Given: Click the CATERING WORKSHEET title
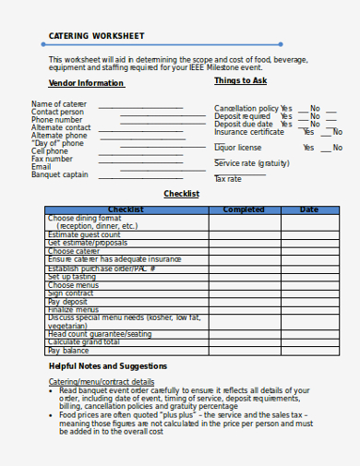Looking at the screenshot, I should coord(97,36).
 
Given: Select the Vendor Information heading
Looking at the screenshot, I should coord(86,83).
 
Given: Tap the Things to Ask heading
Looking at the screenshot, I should coord(240,80).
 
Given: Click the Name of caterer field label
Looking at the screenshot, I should coord(59,103).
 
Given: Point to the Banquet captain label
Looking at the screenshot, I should coord(60,174).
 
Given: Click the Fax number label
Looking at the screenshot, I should coord(52,159).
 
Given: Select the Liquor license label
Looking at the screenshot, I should coord(237,148).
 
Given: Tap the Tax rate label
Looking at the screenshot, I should coord(227,178).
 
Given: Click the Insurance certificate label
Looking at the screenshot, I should coord(249,132).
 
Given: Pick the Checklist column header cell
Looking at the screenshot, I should coord(126,209).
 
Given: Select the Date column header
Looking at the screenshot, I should coord(309,209).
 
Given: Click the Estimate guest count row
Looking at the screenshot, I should coord(84,234).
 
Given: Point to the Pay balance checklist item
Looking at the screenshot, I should coord(68,351).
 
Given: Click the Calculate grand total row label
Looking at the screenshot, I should coord(84,342).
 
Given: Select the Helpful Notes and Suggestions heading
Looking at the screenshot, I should coord(108,366).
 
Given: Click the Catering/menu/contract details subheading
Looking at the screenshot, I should coord(102,381).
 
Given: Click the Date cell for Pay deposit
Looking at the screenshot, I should coord(309,301).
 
